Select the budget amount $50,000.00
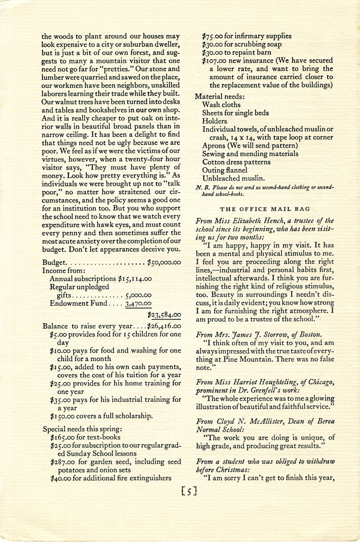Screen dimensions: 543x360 (x=164, y=262)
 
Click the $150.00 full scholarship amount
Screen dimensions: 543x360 (x=62, y=416)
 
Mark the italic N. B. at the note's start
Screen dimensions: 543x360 (x=202, y=187)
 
